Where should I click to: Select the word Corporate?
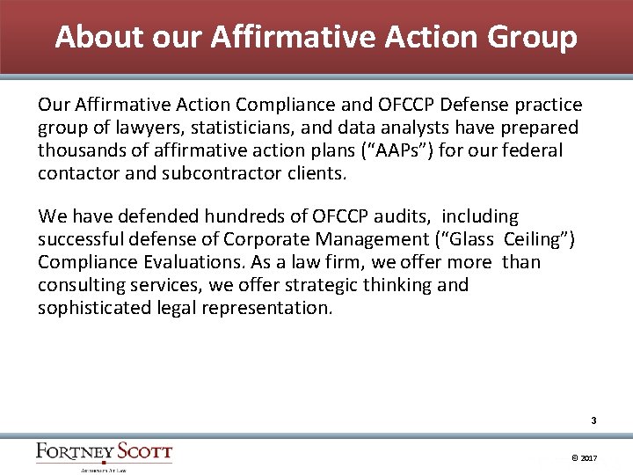tap(269, 239)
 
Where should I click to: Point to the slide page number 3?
tap(594, 421)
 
